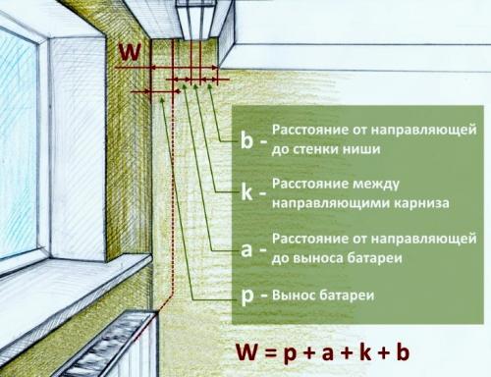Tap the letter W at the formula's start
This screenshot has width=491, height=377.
(x=247, y=351)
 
